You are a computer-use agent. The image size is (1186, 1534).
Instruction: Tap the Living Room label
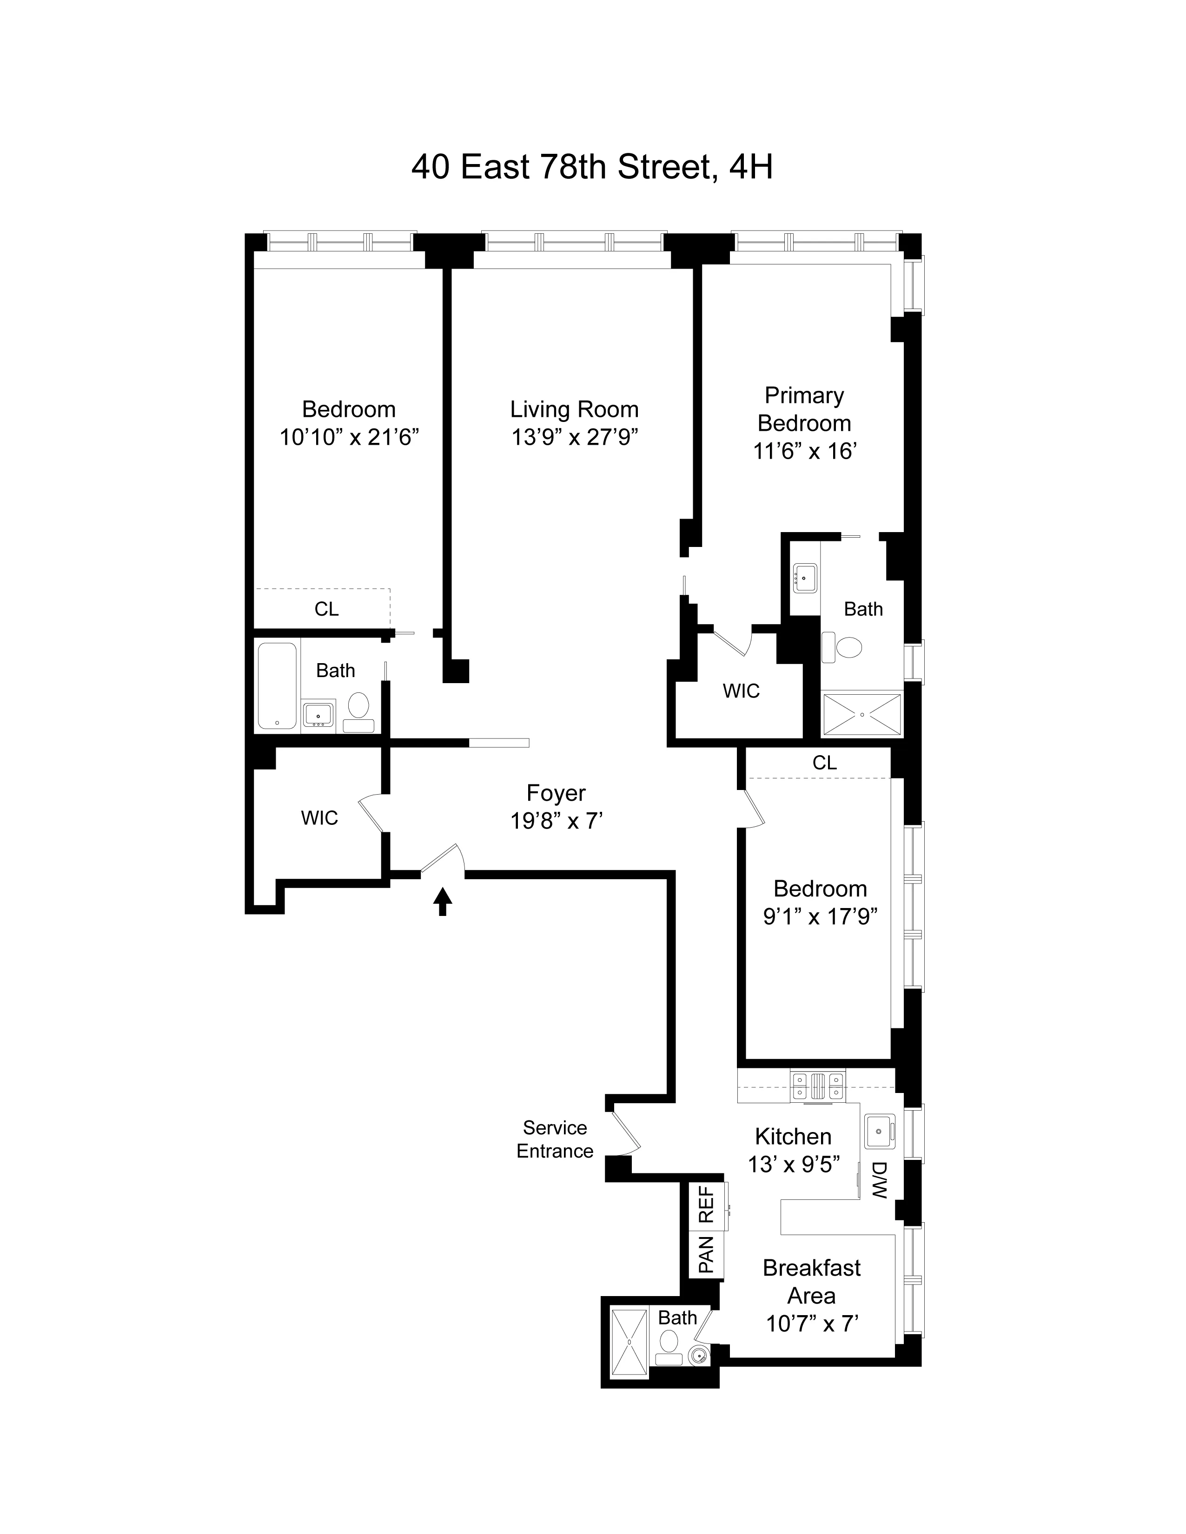pyautogui.click(x=574, y=409)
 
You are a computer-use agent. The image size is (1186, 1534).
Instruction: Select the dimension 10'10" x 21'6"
pyautogui.click(x=349, y=438)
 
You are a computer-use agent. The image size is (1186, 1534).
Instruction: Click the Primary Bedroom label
pyautogui.click(x=804, y=409)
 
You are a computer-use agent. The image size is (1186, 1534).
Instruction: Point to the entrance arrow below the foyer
pyautogui.click(x=442, y=901)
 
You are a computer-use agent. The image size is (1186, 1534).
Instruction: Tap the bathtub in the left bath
pyautogui.click(x=277, y=685)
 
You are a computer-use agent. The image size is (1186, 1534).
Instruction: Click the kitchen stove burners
pyautogui.click(x=817, y=1086)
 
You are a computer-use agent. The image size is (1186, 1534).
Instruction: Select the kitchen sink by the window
pyautogui.click(x=879, y=1131)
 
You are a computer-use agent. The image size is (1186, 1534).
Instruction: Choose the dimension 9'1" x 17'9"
pyautogui.click(x=820, y=916)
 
